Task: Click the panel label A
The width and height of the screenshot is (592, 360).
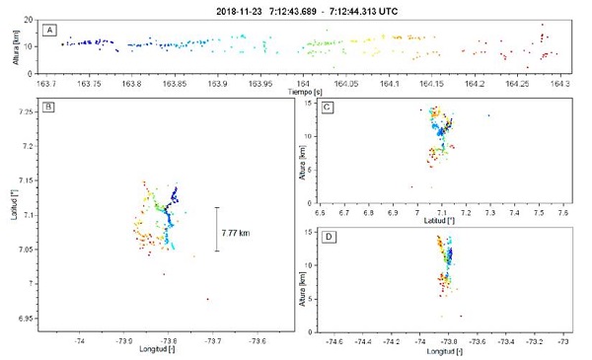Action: [x=47, y=32]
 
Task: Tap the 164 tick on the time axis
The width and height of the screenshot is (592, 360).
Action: [x=304, y=83]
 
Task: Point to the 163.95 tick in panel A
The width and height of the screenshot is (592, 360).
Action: [x=260, y=83]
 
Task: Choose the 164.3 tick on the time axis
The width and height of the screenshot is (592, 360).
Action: [x=561, y=83]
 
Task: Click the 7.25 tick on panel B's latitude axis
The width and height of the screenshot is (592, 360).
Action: [x=27, y=111]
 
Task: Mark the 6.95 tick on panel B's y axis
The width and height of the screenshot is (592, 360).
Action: [x=27, y=319]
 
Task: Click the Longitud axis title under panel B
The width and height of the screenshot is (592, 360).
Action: [x=156, y=351]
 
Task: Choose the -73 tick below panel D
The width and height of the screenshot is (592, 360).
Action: [x=563, y=341]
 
